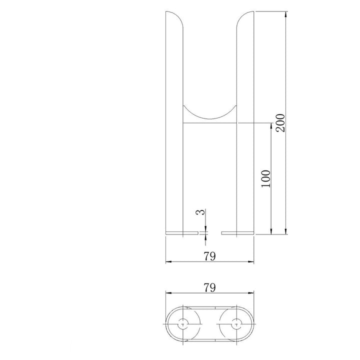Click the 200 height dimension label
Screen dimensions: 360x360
pyautogui.click(x=281, y=122)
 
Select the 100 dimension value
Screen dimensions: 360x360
pyautogui.click(x=266, y=178)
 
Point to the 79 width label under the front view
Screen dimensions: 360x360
pyautogui.click(x=209, y=256)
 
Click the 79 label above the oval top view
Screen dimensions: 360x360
pyautogui.click(x=209, y=287)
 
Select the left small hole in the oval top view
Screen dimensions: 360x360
pyautogui.click(x=184, y=324)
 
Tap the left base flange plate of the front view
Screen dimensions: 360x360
pyautogui.click(x=181, y=232)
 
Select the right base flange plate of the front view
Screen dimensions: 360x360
pyautogui.click(x=237, y=232)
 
